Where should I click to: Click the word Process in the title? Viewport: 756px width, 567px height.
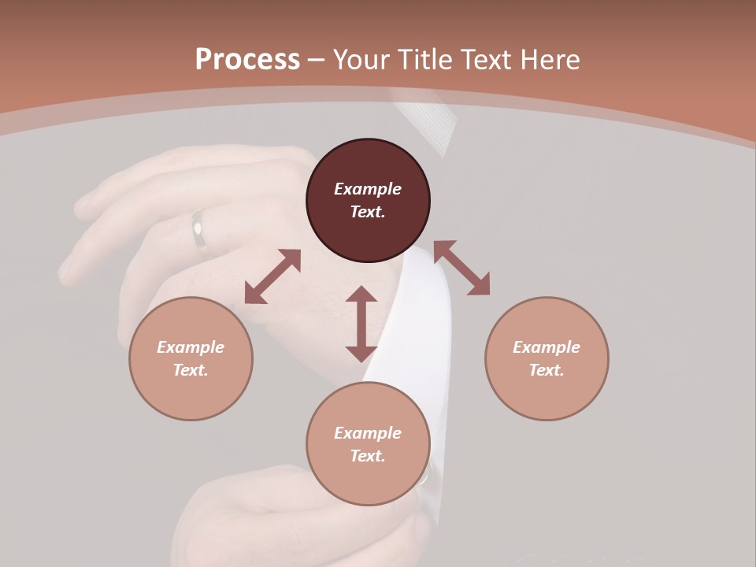coord(247,60)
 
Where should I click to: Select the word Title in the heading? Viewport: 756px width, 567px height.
coord(423,60)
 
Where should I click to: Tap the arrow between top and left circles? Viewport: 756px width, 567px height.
coord(272,276)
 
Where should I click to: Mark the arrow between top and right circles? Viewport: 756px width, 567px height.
coord(461,268)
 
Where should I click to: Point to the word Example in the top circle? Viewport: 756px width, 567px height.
coord(368,189)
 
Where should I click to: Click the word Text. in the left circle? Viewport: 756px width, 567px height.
coord(191,370)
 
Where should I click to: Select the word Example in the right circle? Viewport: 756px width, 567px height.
coord(547,347)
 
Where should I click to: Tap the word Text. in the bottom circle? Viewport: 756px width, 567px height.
coord(368,456)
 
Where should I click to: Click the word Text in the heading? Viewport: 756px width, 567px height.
coord(487,60)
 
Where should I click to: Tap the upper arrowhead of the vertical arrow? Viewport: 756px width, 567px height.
coord(361,295)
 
